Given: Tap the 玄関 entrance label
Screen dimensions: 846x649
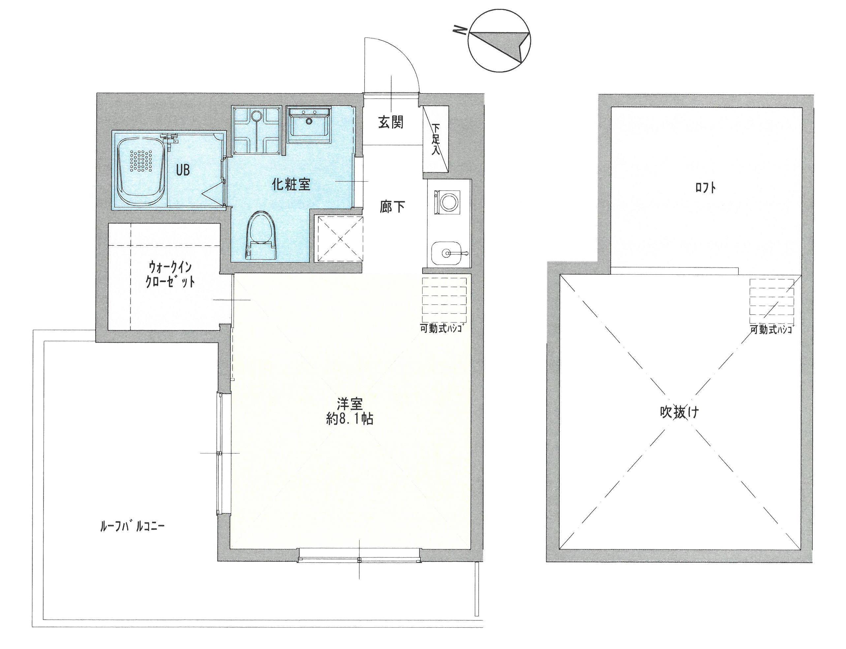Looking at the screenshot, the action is point(391,122).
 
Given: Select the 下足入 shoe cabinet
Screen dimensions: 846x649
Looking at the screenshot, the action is point(435,139).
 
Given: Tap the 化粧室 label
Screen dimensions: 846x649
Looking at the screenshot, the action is point(291,184).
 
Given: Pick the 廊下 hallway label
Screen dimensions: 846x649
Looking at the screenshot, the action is point(392,207).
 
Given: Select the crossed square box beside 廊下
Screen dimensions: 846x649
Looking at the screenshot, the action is point(339,239).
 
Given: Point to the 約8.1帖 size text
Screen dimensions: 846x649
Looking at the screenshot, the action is point(350,419).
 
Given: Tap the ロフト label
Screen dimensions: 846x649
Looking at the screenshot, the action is point(705,188).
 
